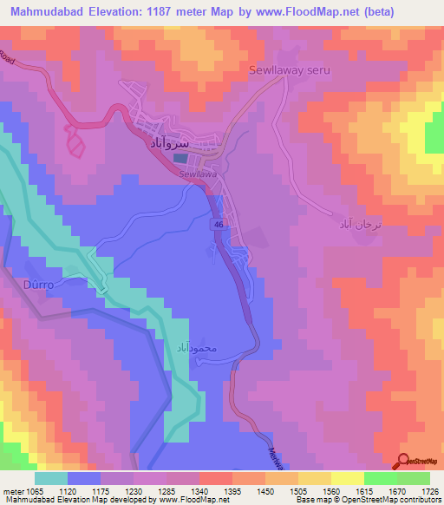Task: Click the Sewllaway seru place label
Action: (x=291, y=70)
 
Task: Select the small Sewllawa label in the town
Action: (x=197, y=174)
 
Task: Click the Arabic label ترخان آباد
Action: (x=359, y=223)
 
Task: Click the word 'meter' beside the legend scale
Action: (x=13, y=490)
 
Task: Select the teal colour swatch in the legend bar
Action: (x=50, y=478)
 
